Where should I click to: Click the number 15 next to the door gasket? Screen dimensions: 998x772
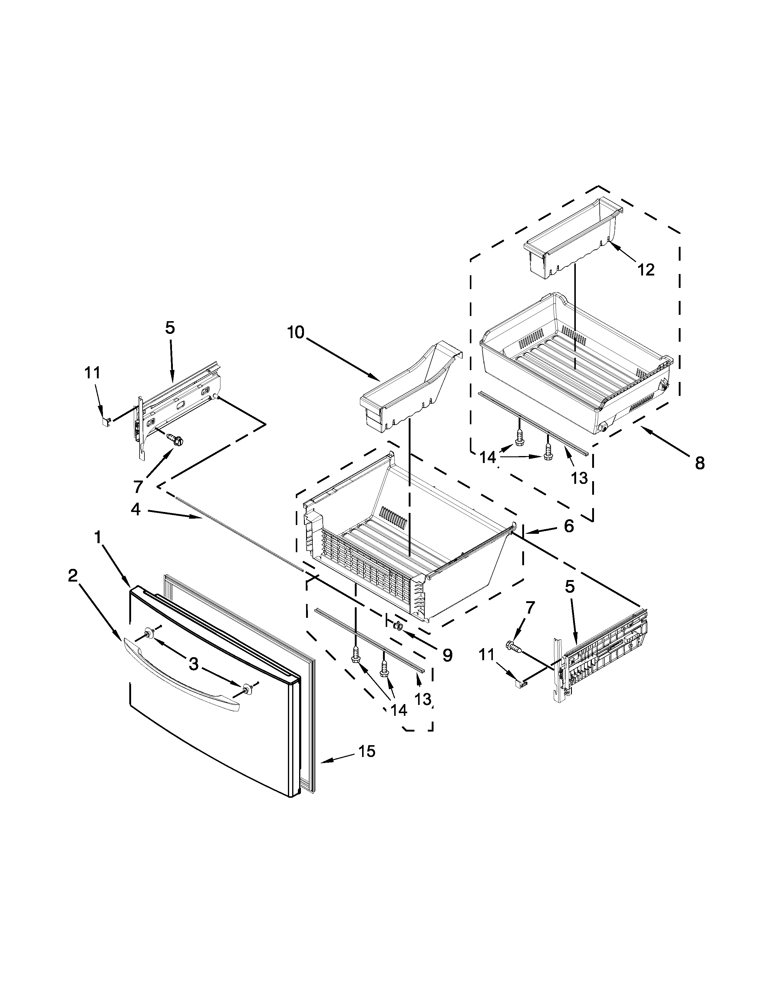pos(367,751)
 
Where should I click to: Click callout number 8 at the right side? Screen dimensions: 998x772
pos(700,463)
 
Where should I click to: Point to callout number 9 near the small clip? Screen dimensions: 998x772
pos(447,655)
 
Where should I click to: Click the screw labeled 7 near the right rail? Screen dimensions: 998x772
pos(513,646)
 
